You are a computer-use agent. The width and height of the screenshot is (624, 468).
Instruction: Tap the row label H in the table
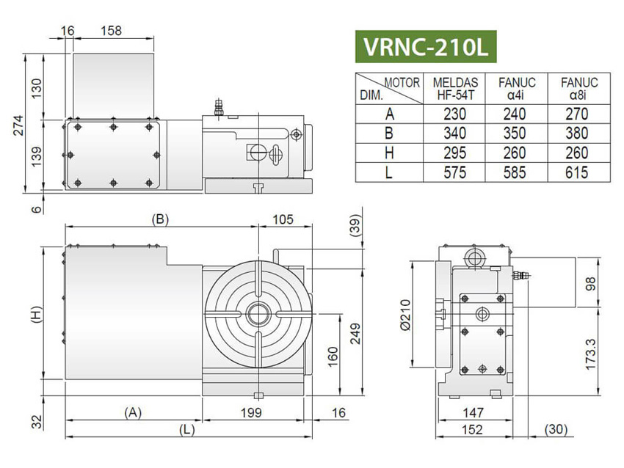point(388,152)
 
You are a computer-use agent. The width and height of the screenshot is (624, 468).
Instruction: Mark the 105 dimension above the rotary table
point(283,218)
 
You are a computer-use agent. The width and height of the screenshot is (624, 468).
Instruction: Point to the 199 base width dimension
point(251,413)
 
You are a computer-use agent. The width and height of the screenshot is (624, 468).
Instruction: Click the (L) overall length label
point(187,431)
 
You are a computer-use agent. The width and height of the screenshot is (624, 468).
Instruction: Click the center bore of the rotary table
point(258,314)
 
